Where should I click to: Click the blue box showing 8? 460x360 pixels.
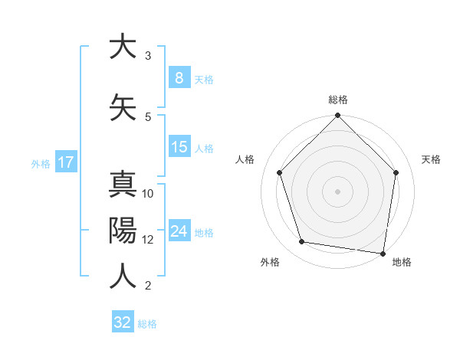point(179,78)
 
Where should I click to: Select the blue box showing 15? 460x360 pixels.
point(179,147)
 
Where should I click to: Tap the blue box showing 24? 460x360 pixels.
point(179,231)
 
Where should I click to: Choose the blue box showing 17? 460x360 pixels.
point(65,162)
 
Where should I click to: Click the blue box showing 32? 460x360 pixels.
point(123,322)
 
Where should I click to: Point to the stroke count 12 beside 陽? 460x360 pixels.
point(148,239)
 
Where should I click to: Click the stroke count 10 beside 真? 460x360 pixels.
point(148,194)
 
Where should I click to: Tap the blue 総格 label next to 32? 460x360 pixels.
point(147,324)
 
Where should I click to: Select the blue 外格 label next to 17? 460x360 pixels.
point(41,163)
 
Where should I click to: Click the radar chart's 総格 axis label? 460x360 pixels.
point(338,100)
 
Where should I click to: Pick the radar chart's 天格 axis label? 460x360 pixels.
point(431,159)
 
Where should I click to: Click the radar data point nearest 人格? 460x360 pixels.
point(280,172)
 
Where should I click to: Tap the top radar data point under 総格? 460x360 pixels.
point(338,116)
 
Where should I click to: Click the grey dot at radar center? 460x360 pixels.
point(338,191)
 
